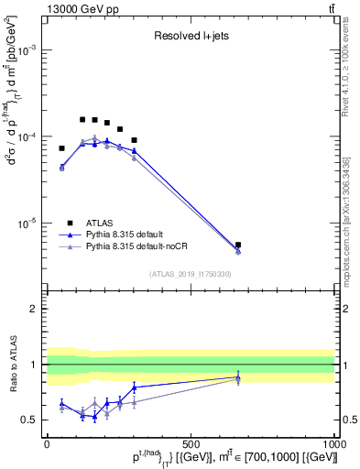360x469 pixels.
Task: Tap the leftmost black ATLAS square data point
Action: pyautogui.click(x=62, y=148)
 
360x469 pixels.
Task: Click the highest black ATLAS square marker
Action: pyautogui.click(x=82, y=120)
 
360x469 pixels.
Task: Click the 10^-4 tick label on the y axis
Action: pyautogui.click(x=27, y=136)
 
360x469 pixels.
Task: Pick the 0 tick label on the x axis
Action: pyautogui.click(x=48, y=442)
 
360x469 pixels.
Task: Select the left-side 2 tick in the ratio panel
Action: pyautogui.click(x=34, y=310)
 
